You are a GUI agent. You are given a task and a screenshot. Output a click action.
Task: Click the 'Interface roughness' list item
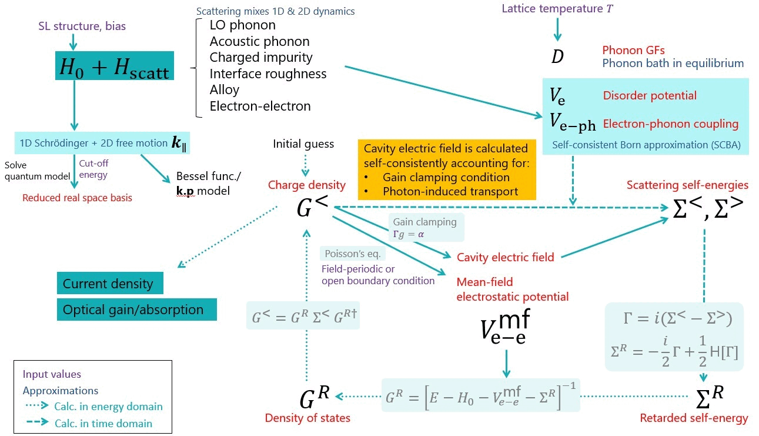[x=268, y=74]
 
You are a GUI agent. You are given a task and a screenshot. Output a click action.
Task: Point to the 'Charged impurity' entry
[x=261, y=58]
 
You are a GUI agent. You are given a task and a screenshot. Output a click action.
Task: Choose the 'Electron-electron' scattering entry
[x=260, y=106]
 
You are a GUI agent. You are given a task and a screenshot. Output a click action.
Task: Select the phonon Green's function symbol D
[x=557, y=57]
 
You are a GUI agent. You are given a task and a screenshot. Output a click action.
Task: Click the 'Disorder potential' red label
[x=650, y=95]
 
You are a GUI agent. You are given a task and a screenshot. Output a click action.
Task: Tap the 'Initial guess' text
[x=303, y=144]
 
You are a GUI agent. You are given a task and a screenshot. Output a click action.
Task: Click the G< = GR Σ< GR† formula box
[x=303, y=315]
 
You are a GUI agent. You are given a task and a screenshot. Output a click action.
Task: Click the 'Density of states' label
[x=307, y=418]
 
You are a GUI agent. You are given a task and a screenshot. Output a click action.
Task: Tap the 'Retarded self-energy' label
[x=694, y=418]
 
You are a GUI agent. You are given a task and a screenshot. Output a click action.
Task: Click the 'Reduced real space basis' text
[x=77, y=198]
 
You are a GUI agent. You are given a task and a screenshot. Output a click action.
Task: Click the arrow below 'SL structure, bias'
[x=72, y=41]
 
